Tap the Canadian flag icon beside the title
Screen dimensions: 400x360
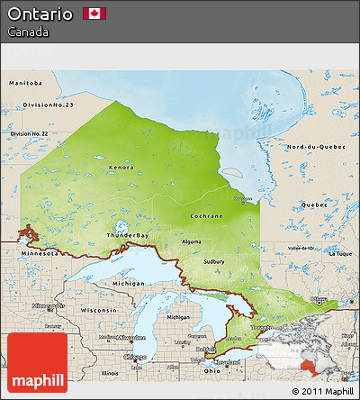click(94, 14)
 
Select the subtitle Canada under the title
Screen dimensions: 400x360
click(28, 32)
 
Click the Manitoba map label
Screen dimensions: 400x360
click(25, 82)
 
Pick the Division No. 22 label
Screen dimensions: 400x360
click(29, 133)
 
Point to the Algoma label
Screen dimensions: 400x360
click(192, 241)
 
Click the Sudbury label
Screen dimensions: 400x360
click(213, 261)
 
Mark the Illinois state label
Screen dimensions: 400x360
click(110, 372)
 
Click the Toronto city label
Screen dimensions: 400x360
click(262, 327)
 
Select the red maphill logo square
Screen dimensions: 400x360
click(37, 362)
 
